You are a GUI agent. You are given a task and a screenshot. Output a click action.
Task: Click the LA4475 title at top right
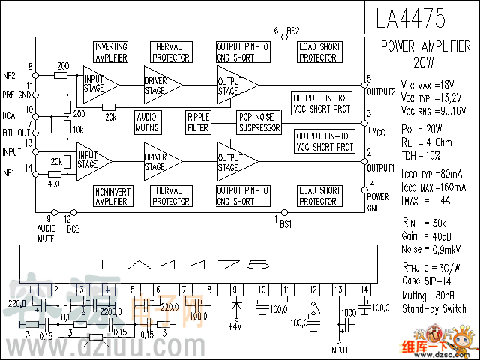pyautogui.click(x=421, y=17)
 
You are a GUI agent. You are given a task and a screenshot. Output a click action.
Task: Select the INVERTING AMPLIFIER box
pyautogui.click(x=111, y=52)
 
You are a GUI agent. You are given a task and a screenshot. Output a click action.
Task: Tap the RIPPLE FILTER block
pyautogui.click(x=199, y=121)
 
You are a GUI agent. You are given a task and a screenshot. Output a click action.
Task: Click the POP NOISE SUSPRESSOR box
pyautogui.click(x=259, y=121)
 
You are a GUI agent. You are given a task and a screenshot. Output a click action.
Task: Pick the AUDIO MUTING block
pyautogui.click(x=148, y=121)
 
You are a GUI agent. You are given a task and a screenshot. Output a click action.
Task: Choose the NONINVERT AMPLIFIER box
pyautogui.click(x=111, y=196)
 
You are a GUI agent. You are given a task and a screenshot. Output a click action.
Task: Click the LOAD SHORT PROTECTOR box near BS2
pyautogui.click(x=319, y=52)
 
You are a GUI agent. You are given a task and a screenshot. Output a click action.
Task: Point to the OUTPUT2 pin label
pyautogui.click(x=381, y=91)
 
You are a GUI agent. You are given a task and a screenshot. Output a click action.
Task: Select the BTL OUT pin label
pyautogui.click(x=13, y=131)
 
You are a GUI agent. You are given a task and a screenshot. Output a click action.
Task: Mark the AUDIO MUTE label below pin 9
pyautogui.click(x=46, y=232)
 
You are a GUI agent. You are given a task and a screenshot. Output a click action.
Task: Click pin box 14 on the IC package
pyautogui.click(x=364, y=289)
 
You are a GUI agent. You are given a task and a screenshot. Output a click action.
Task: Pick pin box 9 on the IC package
pyautogui.click(x=235, y=289)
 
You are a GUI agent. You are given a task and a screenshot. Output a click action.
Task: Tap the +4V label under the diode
pyautogui.click(x=235, y=326)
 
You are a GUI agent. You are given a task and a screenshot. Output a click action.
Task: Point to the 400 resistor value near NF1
pyautogui.click(x=55, y=183)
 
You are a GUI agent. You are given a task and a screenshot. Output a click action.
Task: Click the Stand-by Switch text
pyautogui.click(x=433, y=308)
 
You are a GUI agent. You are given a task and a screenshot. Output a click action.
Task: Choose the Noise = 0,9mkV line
pyautogui.click(x=431, y=248)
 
